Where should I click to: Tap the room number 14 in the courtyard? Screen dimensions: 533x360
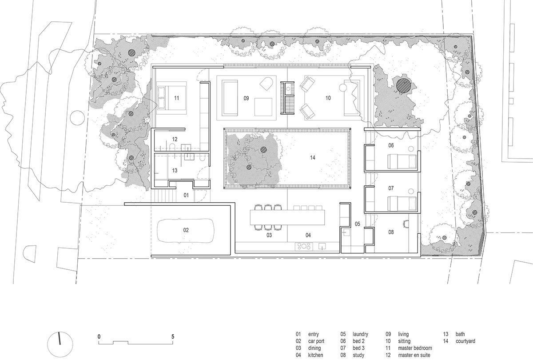click(312, 158)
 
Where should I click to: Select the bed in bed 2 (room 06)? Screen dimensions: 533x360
click(402, 162)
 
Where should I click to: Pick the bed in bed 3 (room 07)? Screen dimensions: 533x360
click(402, 204)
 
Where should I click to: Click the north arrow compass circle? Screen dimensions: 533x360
click(60, 344)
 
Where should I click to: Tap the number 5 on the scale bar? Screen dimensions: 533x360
click(173, 337)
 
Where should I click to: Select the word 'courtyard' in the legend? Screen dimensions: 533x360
click(465, 341)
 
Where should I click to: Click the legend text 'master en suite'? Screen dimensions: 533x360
click(414, 355)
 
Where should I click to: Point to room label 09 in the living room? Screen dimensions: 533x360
click(246, 98)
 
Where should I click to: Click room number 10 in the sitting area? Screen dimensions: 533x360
click(328, 98)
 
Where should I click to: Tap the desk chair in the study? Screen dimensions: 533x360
click(406, 224)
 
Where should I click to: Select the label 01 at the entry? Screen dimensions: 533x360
click(186, 195)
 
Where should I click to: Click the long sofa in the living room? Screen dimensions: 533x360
click(230, 98)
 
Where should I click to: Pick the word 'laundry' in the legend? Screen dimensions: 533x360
click(360, 334)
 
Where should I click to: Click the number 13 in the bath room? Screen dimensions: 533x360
click(175, 171)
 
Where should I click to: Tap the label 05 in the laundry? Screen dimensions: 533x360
click(357, 224)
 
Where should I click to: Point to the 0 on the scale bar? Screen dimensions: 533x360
click(99, 337)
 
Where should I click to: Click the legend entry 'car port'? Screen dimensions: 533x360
click(316, 341)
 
